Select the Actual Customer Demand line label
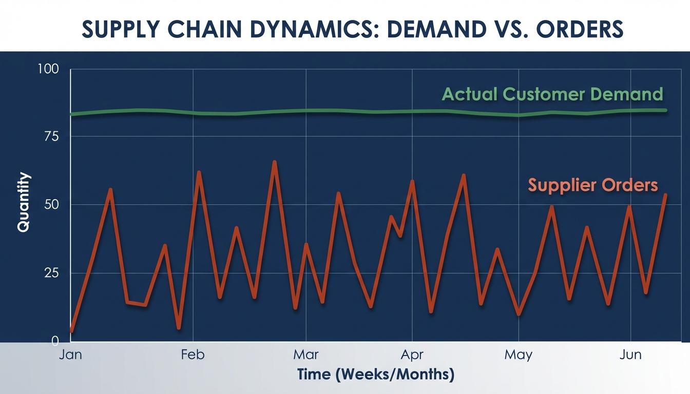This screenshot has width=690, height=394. pyautogui.click(x=552, y=94)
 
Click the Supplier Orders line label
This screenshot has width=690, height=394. pyautogui.click(x=593, y=185)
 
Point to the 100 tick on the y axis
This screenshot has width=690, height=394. pyautogui.click(x=48, y=69)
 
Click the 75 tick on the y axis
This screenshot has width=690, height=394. pyautogui.click(x=51, y=136)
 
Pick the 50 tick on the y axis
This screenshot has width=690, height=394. pyautogui.click(x=51, y=205)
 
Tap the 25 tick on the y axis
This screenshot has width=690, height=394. pyautogui.click(x=51, y=273)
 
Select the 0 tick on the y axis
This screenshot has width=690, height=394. pyautogui.click(x=55, y=341)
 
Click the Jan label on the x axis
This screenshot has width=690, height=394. pyautogui.click(x=70, y=355)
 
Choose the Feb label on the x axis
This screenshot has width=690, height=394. pyautogui.click(x=193, y=355)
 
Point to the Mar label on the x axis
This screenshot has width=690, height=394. pyautogui.click(x=306, y=355)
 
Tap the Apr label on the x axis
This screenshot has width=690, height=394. pyautogui.click(x=412, y=355)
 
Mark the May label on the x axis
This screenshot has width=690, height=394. pyautogui.click(x=519, y=355)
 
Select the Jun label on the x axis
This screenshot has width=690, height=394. pyautogui.click(x=630, y=355)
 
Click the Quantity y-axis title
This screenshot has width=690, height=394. pyautogui.click(x=24, y=202)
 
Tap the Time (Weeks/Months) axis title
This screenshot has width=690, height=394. pyautogui.click(x=376, y=375)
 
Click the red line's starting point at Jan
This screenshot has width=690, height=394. pyautogui.click(x=72, y=331)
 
